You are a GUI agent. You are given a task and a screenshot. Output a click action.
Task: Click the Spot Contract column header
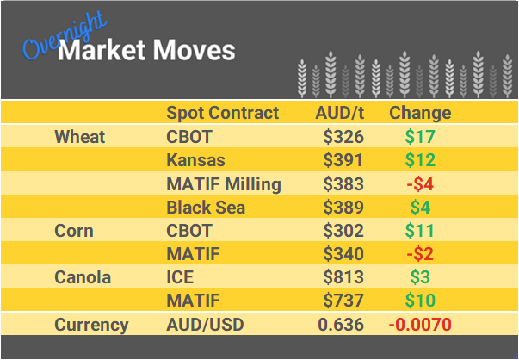point(222,113)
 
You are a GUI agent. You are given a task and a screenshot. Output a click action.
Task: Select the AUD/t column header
point(339,113)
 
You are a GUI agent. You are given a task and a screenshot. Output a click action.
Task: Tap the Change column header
point(420,113)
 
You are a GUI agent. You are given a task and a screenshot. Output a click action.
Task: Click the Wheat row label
point(79,137)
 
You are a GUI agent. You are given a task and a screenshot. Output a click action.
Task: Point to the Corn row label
point(74,231)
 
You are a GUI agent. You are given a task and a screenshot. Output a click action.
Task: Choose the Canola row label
point(82,277)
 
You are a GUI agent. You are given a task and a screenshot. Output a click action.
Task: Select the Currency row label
point(91,325)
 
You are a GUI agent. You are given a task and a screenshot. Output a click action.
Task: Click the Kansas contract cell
point(195,160)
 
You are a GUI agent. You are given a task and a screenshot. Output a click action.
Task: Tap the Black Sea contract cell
point(206,208)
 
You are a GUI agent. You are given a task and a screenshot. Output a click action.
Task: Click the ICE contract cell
point(180,277)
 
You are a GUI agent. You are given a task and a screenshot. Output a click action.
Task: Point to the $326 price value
point(343,137)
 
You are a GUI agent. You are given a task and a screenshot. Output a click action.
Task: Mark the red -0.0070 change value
point(420,325)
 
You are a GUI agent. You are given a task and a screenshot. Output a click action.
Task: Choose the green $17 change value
point(420,137)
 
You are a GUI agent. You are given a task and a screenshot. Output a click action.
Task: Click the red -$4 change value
point(420,183)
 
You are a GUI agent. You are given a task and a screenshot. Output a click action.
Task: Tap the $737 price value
point(343,301)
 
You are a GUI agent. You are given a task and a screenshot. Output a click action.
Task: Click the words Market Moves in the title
point(146,50)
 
